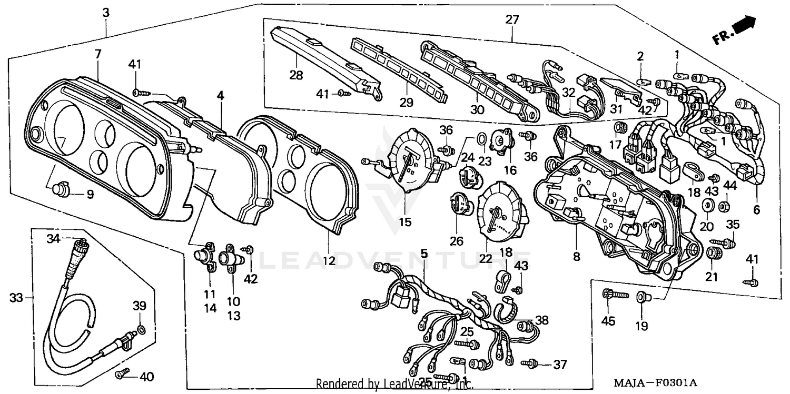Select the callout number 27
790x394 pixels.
click(x=512, y=21)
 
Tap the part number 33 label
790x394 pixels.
click(x=16, y=298)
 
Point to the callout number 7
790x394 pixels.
click(x=98, y=54)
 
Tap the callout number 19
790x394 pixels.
click(x=641, y=326)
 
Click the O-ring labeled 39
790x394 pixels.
click(x=141, y=330)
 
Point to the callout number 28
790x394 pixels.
click(x=296, y=75)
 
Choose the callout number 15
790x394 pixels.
click(x=404, y=222)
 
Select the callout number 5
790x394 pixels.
click(x=424, y=254)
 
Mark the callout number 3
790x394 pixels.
click(x=106, y=12)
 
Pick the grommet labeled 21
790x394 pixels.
click(x=715, y=253)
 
